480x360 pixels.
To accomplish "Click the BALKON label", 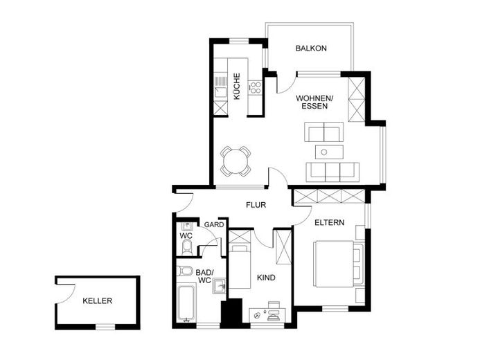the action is click(x=311, y=48).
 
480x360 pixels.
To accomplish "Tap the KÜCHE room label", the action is click(x=237, y=86).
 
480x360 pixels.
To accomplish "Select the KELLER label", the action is click(x=98, y=301).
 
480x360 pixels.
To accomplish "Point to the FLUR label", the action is click(x=256, y=205).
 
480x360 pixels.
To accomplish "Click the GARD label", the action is click(x=213, y=225).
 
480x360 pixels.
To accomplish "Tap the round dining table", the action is click(x=236, y=161).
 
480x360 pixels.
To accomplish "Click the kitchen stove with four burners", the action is click(x=255, y=87).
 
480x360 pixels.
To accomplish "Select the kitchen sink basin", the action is click(x=220, y=92).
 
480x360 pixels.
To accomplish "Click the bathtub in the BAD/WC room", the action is click(x=187, y=303).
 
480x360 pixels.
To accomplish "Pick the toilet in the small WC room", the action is click(x=186, y=247).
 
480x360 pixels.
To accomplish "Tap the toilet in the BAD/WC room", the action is click(x=185, y=271).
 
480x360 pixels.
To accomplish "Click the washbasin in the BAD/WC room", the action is click(x=219, y=287).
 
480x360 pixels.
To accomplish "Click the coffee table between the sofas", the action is click(x=329, y=152).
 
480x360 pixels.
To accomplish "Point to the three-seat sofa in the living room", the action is click(x=332, y=172).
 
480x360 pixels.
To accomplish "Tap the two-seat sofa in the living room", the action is click(x=324, y=132).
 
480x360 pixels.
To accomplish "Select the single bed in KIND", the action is click(x=240, y=265).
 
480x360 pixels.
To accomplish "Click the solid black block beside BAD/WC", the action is click(x=231, y=314).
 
